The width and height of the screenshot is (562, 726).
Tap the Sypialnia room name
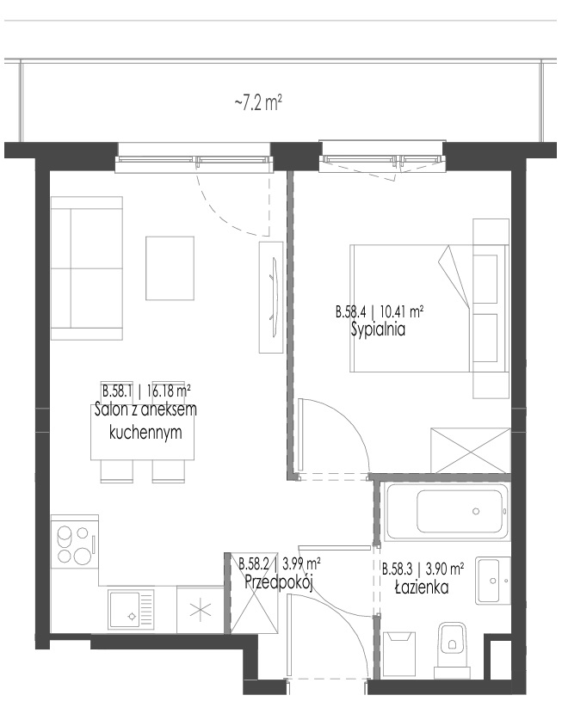pos(379,329)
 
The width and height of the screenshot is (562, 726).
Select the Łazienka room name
pos(422,588)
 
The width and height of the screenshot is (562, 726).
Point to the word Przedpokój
pos(279,581)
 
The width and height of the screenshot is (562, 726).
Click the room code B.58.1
pos(117,391)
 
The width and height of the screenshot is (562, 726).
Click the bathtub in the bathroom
pos(447,511)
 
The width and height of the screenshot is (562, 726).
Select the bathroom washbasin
pos(493,580)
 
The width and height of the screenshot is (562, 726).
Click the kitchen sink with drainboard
pos(131,609)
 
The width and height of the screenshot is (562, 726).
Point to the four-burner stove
pos(74,545)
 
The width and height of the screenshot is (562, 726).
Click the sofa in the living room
pos(87,268)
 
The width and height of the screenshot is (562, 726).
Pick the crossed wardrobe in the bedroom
pos(470,451)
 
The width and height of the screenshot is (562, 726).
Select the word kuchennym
pos(145,433)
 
